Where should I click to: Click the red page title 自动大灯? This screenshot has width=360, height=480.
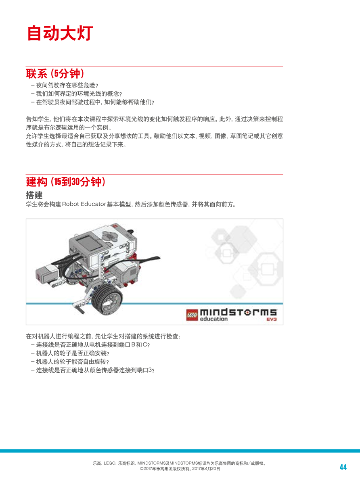(60, 33)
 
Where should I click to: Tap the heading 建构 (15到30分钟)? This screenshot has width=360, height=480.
(66, 182)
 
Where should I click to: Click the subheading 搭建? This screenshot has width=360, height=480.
(34, 195)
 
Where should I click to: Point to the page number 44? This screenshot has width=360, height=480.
(343, 467)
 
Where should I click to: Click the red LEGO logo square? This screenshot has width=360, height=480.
(192, 315)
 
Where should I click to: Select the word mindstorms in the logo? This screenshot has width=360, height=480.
(238, 312)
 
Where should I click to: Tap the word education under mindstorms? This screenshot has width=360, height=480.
(213, 319)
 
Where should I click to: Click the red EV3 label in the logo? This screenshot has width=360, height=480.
(271, 319)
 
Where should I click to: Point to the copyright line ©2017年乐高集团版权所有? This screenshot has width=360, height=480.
(180, 469)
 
